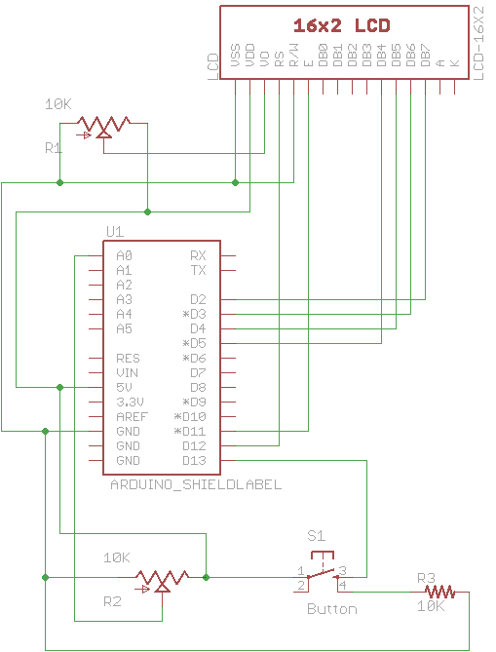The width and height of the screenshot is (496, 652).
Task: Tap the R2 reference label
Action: pos(113,602)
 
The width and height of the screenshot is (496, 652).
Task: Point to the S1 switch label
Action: pos(316,535)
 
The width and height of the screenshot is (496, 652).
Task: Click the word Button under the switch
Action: pos(331,609)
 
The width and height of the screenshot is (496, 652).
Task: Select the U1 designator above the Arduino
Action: pos(114,231)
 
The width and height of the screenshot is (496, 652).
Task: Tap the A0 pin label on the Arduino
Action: pos(124,255)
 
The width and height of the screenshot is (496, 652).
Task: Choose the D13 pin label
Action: pos(195,460)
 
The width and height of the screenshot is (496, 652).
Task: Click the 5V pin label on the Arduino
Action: pos(124,387)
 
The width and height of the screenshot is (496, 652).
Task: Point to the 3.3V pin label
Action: pos(131,402)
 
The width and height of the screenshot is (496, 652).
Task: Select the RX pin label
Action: pos(198,255)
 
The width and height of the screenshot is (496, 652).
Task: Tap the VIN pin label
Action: pos(127,372)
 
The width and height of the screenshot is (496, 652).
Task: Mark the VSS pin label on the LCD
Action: pos(236,57)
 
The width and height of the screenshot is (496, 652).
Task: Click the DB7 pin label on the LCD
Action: pos(426,56)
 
